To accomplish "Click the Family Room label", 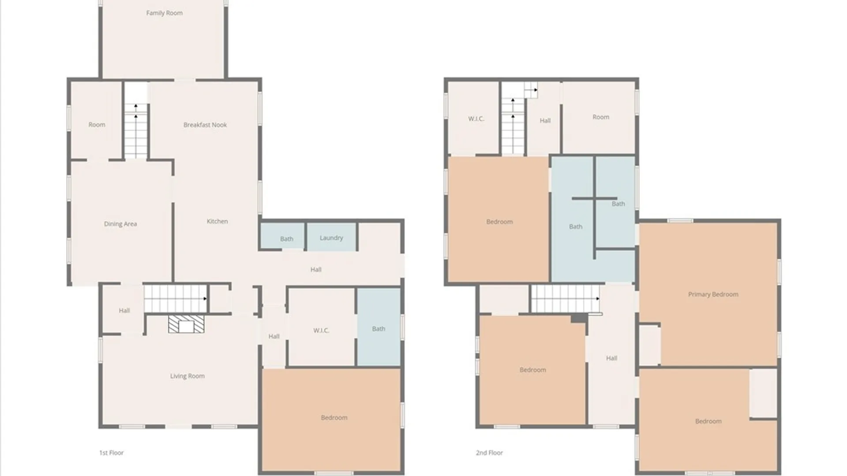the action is [x=164, y=13].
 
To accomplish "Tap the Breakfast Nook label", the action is [x=205, y=125].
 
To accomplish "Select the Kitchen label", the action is [x=217, y=221].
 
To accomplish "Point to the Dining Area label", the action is [x=120, y=224].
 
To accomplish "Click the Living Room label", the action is [x=187, y=376].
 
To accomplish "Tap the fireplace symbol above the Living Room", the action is [x=186, y=324].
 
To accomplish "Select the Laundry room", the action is [x=331, y=237].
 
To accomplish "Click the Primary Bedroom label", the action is [x=713, y=294].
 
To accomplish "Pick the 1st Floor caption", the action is [x=111, y=453].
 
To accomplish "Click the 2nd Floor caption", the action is [x=489, y=453].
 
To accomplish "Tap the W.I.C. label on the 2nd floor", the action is [x=476, y=119].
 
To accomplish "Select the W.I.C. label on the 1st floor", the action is [x=321, y=331].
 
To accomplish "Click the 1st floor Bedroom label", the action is [x=334, y=417].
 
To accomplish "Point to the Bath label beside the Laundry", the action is [x=287, y=239].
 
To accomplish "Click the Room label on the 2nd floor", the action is [x=601, y=117].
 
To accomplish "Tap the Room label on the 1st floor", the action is [x=97, y=125].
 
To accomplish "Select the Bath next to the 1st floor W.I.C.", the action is [x=379, y=327].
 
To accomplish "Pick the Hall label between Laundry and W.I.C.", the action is [x=316, y=269].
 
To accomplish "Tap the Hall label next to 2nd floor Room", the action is [x=545, y=120].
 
